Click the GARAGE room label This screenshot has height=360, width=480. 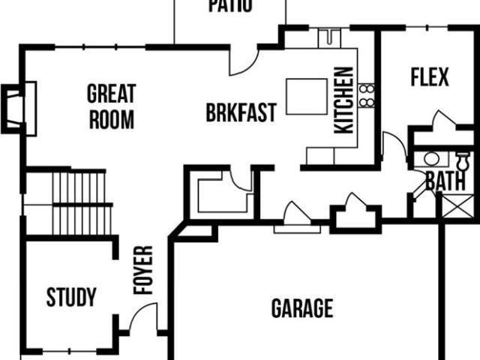[x=302, y=308]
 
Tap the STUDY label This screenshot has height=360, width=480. [x=71, y=297]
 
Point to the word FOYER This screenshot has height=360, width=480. [x=143, y=270]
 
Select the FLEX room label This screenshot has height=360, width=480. [x=430, y=77]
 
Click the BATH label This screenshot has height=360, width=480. [x=445, y=181]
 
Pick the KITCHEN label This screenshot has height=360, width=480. [x=343, y=100]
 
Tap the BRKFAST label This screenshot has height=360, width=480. [x=241, y=112]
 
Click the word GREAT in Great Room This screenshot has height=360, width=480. [x=112, y=93]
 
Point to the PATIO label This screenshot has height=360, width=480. [x=230, y=6]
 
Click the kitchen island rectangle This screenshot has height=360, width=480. [x=307, y=97]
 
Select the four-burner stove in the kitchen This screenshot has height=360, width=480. [x=367, y=96]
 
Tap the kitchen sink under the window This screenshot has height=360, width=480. [x=329, y=38]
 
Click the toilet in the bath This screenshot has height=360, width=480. [x=463, y=161]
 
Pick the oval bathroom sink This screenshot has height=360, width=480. [x=432, y=159]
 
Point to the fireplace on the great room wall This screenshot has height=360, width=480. [x=19, y=109]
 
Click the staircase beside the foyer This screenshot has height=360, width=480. [x=82, y=203]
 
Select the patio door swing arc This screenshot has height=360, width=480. [x=244, y=61]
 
